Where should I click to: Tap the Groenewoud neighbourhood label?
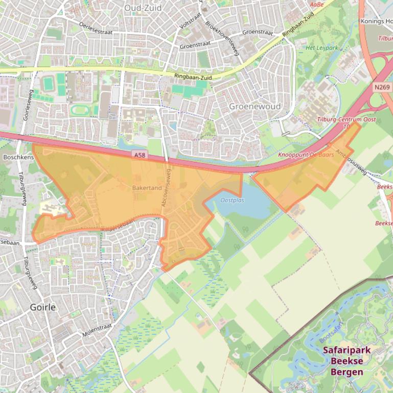pyautogui.click(x=255, y=107)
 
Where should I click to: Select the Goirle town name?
pyautogui.click(x=43, y=308)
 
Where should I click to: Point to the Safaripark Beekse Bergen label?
pyautogui.click(x=346, y=361)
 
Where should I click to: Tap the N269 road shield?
pyautogui.click(x=381, y=87)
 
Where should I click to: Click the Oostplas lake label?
pyautogui.click(x=232, y=201)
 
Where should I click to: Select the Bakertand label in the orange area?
pyautogui.click(x=147, y=188)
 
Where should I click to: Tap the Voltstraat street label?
pyautogui.click(x=189, y=20)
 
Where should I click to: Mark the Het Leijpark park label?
pyautogui.click(x=321, y=48)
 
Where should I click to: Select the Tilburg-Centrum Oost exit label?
pyautogui.click(x=346, y=119)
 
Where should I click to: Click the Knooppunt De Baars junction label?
pyautogui.click(x=306, y=154)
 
